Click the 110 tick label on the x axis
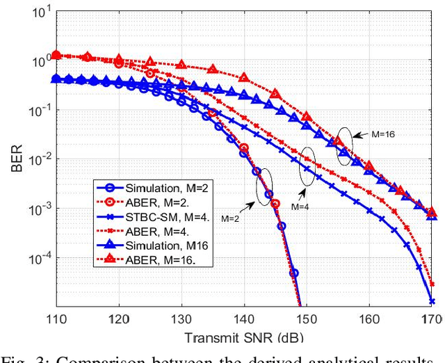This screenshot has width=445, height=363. pyautogui.click(x=56, y=321)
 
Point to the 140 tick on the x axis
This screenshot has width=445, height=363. pyautogui.click(x=243, y=321)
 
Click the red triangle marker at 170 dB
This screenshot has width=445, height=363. pyautogui.click(x=431, y=211)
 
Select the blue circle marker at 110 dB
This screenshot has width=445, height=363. pyautogui.click(x=56, y=79)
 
